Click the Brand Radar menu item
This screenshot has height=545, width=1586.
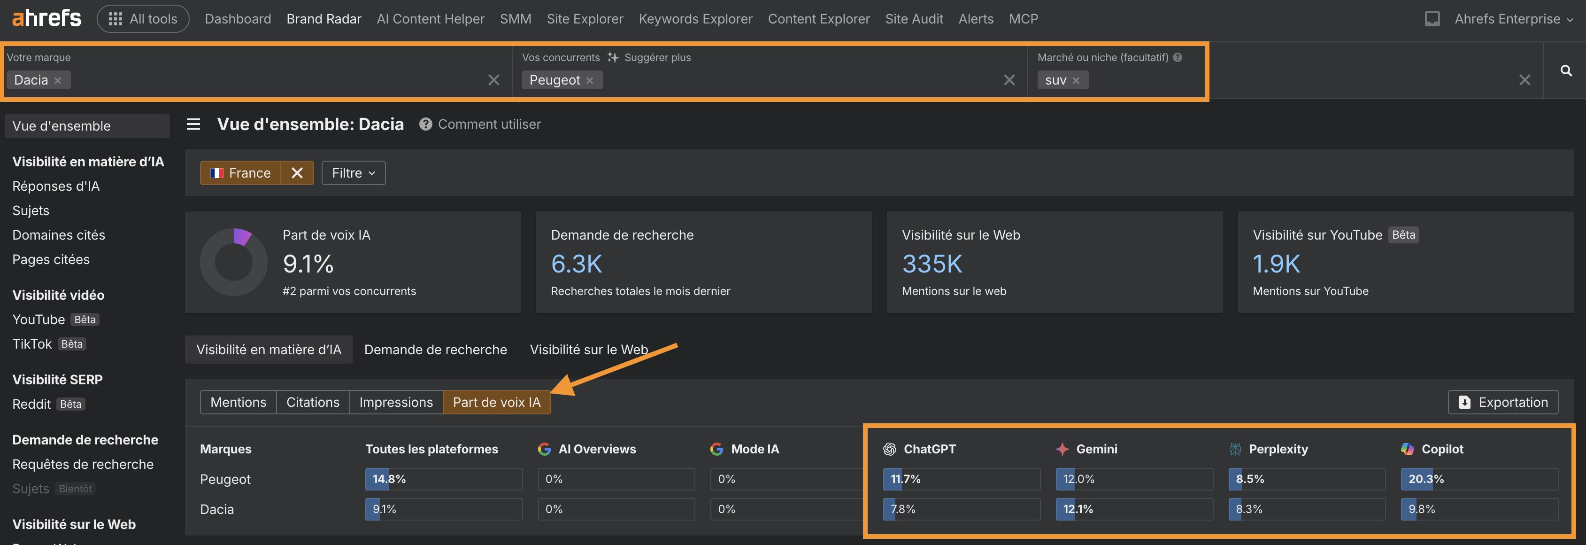[x=324, y=19]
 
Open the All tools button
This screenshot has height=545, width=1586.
[x=143, y=19]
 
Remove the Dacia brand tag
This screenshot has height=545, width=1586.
[x=58, y=81]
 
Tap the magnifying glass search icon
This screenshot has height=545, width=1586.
[x=1566, y=71]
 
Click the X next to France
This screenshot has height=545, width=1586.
[x=297, y=173]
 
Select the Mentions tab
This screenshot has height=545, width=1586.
[x=238, y=402]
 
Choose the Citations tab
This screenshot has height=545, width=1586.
[x=313, y=402]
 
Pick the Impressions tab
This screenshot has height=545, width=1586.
[x=396, y=402]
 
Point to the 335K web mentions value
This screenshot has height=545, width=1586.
[x=932, y=264]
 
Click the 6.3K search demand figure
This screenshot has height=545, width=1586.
[x=576, y=264]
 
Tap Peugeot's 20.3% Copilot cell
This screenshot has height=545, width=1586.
[x=1479, y=479]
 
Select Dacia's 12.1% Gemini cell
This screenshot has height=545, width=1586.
[x=1133, y=509]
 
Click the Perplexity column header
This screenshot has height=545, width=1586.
[x=1278, y=449]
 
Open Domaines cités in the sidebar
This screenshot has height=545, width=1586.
[x=59, y=235]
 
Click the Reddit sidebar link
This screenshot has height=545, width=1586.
[x=31, y=404]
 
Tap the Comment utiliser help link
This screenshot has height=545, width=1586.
[x=489, y=125]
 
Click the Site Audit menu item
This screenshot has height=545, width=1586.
[x=914, y=19]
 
